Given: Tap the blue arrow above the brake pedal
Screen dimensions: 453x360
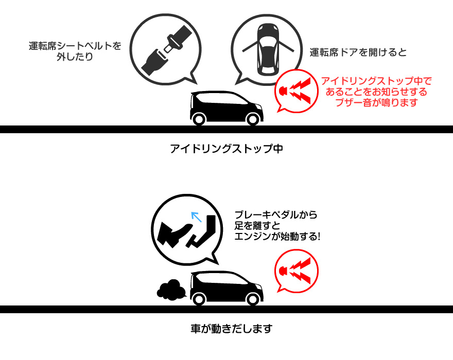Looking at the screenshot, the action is pyautogui.click(x=197, y=217).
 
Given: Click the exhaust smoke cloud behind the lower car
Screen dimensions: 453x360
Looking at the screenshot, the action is pyautogui.click(x=171, y=290).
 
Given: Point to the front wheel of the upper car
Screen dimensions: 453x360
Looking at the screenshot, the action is pyautogui.click(x=253, y=119).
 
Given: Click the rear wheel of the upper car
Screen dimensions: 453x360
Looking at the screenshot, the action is pyautogui.click(x=199, y=119).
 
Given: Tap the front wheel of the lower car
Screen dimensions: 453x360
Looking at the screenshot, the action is pyautogui.click(x=253, y=299).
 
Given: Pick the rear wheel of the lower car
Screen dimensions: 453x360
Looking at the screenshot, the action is pyautogui.click(x=199, y=299).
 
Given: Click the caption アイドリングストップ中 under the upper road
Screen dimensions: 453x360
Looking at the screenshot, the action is pyautogui.click(x=226, y=149).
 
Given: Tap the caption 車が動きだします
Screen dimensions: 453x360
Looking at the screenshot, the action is pyautogui.click(x=232, y=329).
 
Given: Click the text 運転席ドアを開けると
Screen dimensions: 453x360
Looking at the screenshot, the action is pyautogui.click(x=358, y=52).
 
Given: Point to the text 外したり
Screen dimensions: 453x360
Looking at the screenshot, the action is pyautogui.click(x=75, y=57).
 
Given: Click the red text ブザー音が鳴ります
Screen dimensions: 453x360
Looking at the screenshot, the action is pyautogui.click(x=376, y=102).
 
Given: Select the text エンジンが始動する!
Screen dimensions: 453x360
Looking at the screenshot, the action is pyautogui.click(x=277, y=237).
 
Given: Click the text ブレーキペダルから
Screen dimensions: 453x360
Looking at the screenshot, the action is pyautogui.click(x=276, y=215).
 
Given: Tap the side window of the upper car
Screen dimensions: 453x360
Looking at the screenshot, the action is pyautogui.click(x=221, y=99).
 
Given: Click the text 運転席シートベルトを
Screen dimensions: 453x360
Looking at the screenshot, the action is pyautogui.click(x=75, y=46).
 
